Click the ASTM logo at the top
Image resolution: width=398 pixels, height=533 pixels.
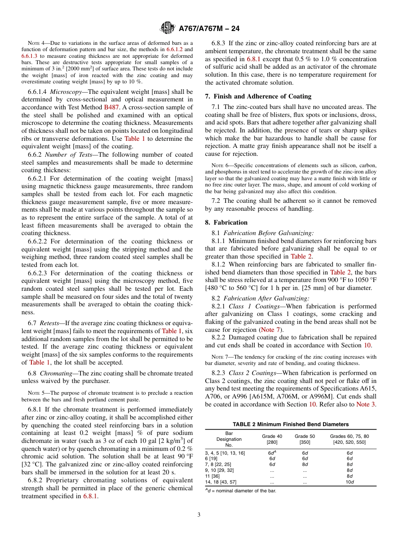pos(168,28)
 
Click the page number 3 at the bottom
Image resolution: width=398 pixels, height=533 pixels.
pos(199,515)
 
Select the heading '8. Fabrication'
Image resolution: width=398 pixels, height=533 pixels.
pos(226,223)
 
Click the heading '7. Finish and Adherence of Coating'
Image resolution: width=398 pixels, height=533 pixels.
pos(258,96)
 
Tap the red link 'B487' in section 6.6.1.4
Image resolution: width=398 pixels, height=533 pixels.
pos(111,107)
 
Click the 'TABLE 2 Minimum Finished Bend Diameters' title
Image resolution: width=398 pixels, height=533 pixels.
pos(291,424)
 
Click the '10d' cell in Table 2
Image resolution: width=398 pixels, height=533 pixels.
pos(349,482)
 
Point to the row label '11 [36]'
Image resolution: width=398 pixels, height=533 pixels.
pos(212,476)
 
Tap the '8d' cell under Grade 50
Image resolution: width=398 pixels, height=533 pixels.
pos(305,464)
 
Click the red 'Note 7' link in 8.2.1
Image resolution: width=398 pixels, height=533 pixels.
pos(271,329)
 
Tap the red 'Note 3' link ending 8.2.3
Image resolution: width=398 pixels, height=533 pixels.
pos(366,404)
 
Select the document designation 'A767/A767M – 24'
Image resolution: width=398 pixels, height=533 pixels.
pos(209,29)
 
